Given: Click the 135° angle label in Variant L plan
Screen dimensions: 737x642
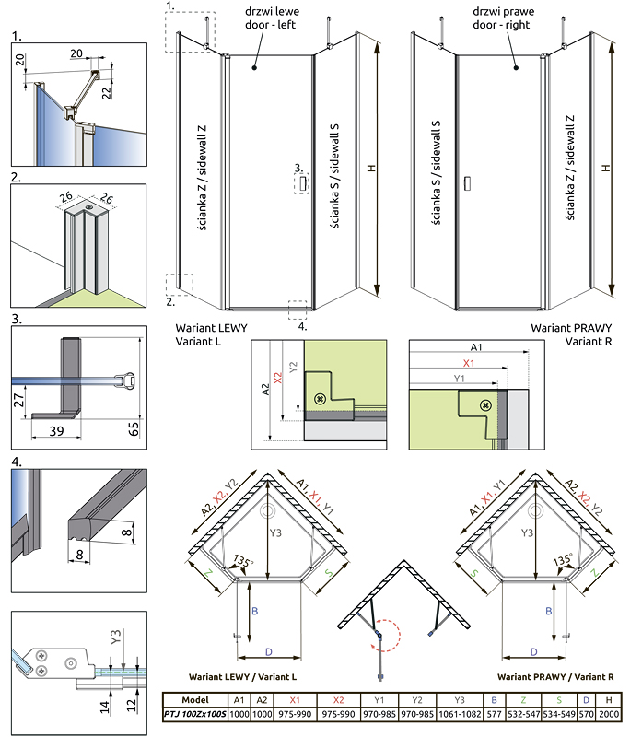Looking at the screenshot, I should (244, 561).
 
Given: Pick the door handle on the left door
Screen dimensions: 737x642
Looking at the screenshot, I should (303, 184).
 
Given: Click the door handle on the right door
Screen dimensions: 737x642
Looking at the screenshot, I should (467, 183).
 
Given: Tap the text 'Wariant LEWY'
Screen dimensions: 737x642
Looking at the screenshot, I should (211, 328).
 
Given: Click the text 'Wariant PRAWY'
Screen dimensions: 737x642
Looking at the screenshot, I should (570, 328).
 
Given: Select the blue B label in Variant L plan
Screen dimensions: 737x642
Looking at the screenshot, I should (253, 611).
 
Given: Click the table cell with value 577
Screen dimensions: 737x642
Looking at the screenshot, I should (494, 714).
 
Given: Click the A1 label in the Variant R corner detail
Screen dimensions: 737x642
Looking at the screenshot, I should (474, 348).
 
